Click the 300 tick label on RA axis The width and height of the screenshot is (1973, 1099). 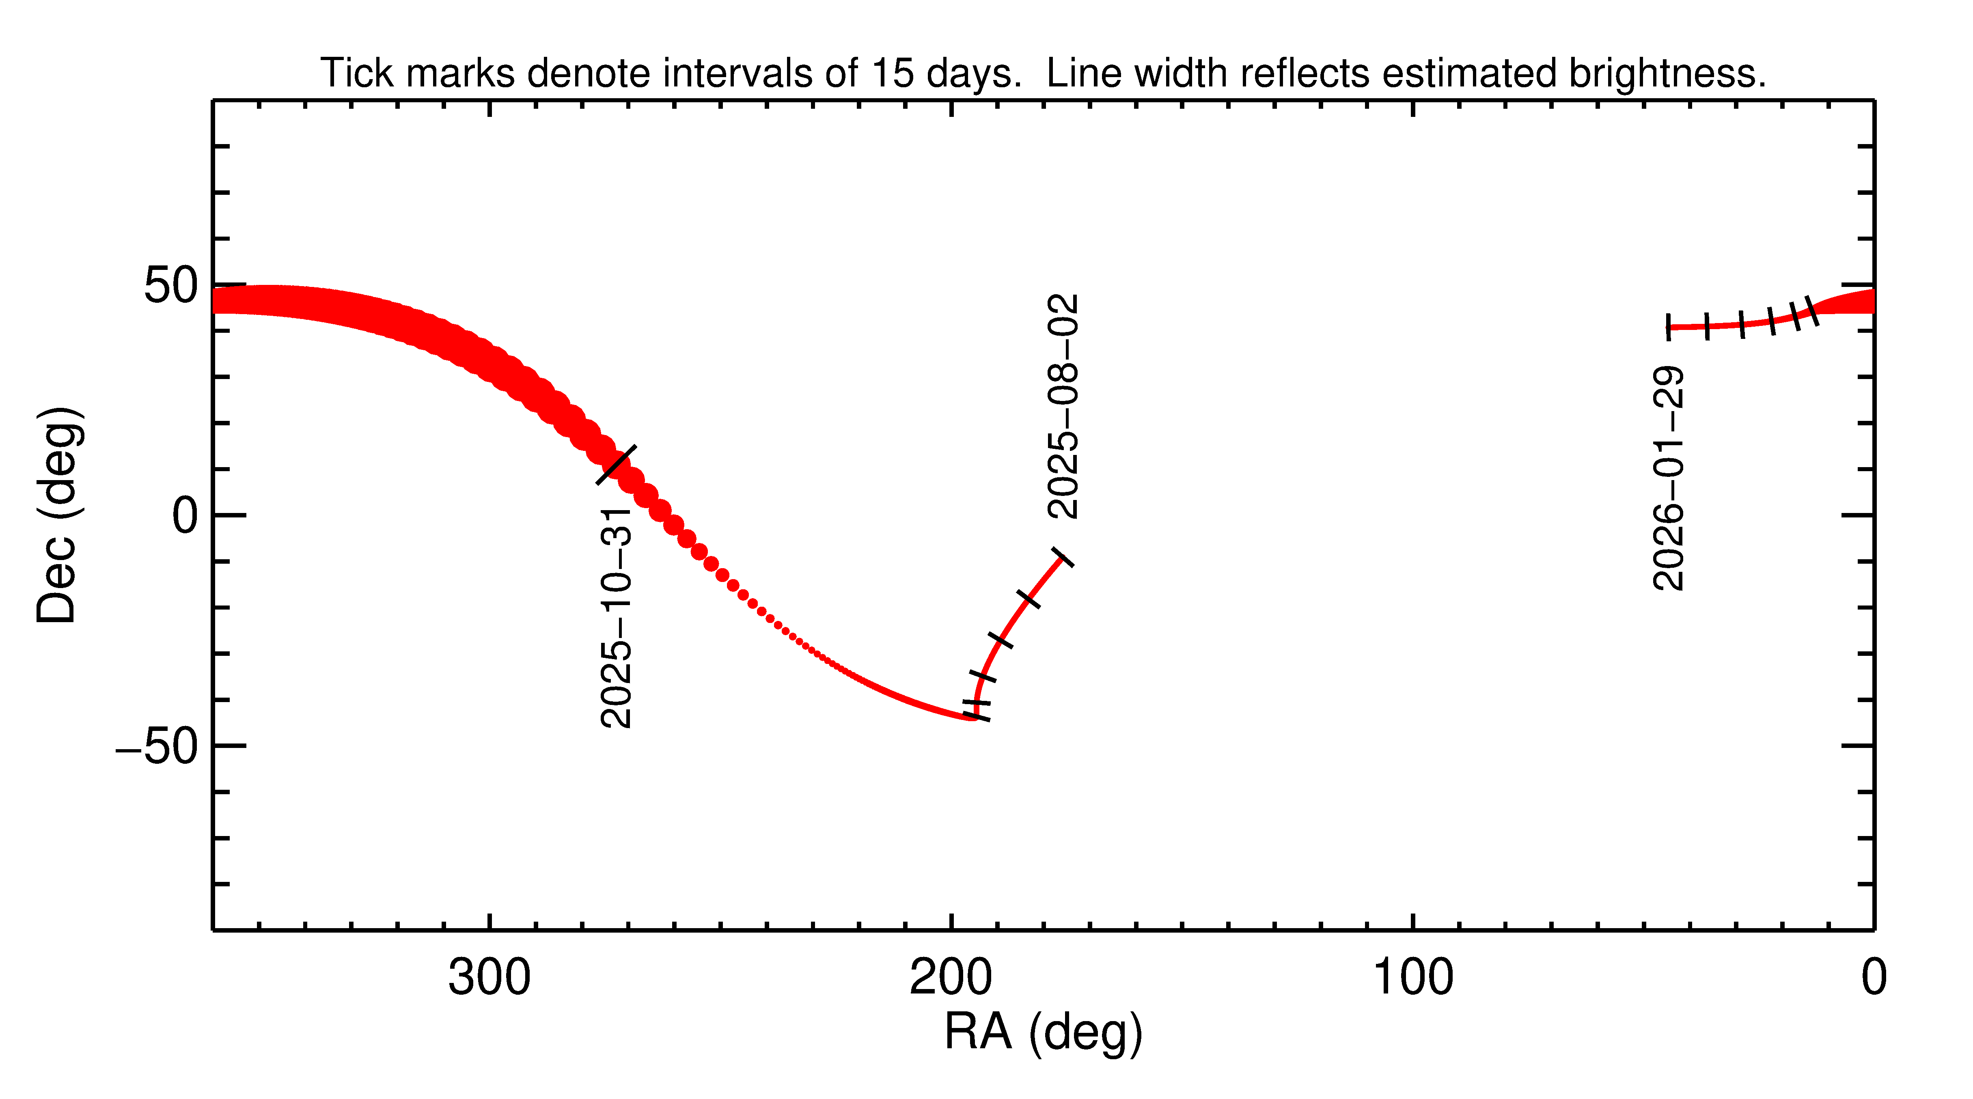(x=489, y=978)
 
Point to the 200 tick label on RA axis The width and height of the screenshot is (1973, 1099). (x=951, y=978)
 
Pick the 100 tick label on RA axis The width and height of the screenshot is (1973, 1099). (x=1412, y=978)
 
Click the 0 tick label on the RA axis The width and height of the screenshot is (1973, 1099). (x=1874, y=978)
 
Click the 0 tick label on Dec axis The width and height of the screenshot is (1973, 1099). (x=185, y=515)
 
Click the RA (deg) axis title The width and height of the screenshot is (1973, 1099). (x=1043, y=1032)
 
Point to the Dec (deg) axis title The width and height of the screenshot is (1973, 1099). (x=58, y=515)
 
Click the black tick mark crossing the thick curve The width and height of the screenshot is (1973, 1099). (x=616, y=465)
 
